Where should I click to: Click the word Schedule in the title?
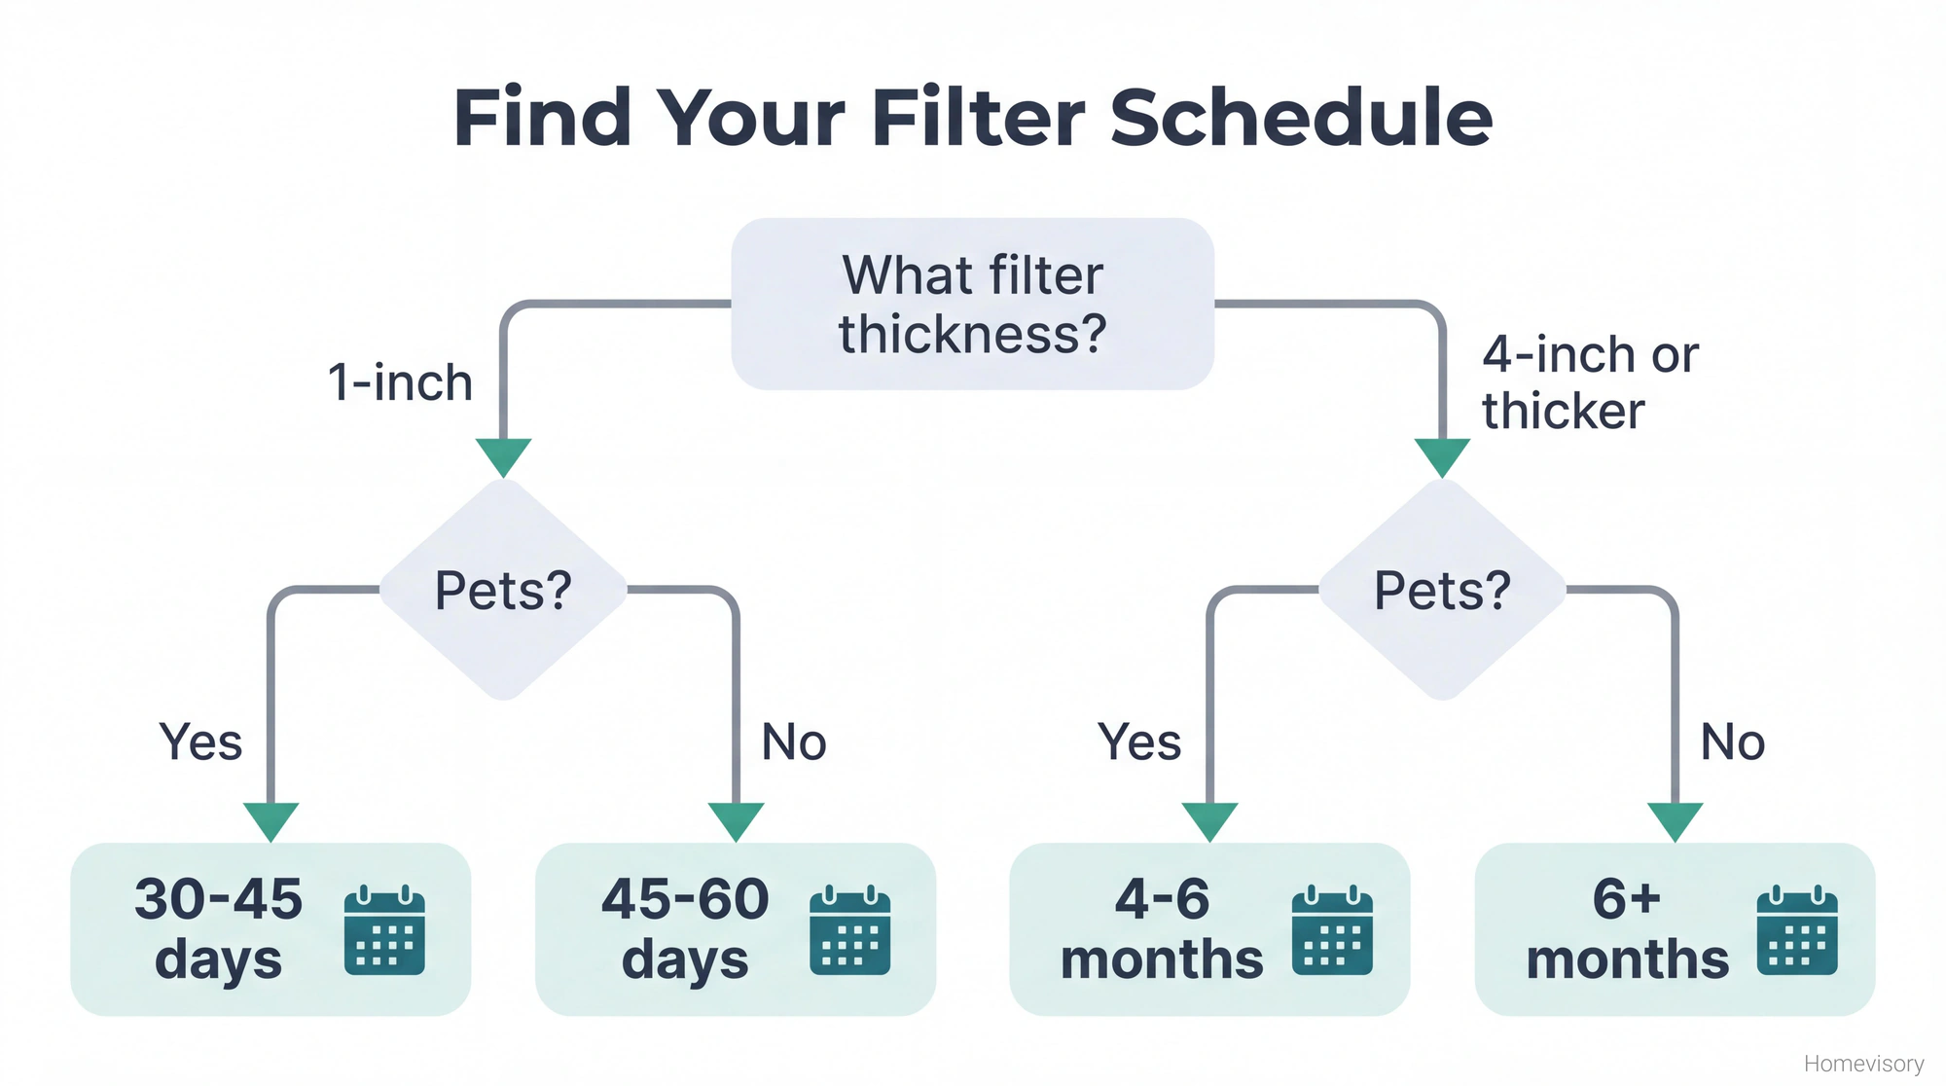point(1301,118)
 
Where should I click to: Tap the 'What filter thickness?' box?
point(972,304)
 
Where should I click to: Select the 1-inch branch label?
point(400,382)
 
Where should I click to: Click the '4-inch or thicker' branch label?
point(1589,382)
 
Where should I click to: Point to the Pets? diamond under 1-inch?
point(503,590)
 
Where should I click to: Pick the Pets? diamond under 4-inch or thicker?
point(1442,590)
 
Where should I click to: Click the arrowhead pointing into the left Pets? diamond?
point(503,455)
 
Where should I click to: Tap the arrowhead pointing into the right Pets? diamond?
point(1442,455)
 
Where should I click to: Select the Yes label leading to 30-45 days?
point(200,742)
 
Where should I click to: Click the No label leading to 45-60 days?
point(794,742)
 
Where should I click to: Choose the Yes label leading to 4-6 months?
point(1139,742)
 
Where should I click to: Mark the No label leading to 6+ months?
point(1733,742)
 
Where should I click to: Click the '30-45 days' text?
point(219,928)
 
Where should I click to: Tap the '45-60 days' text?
point(685,928)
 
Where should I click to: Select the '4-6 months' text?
point(1162,928)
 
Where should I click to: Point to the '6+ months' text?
point(1627,928)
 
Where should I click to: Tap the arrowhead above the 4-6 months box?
point(1209,820)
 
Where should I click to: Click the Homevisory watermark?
point(1863,1064)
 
